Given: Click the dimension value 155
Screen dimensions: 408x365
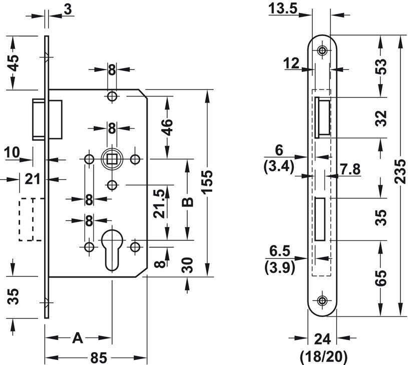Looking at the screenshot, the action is point(208,181).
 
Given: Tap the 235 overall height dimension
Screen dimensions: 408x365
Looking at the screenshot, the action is point(400,172).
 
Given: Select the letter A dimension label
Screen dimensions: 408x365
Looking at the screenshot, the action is point(77,338).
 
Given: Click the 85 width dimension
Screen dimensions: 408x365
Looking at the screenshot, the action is point(99,357).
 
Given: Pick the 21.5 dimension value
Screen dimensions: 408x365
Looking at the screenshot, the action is point(159,203).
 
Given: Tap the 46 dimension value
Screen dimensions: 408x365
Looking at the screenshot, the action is point(167,127).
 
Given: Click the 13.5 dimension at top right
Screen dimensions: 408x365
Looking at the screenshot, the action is point(283,8).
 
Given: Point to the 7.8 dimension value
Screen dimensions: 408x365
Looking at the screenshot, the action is point(350,169).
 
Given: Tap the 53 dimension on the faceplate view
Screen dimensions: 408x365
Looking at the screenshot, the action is point(382,66).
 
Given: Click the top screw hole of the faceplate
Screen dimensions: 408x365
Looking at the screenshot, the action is point(322,50).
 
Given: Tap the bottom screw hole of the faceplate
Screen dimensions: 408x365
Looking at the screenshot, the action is point(322,300).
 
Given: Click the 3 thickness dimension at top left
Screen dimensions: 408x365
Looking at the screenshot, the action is point(68,9).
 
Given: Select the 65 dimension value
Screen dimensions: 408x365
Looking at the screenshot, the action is point(382,278).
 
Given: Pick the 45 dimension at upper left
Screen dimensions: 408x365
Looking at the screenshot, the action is point(13,62).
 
